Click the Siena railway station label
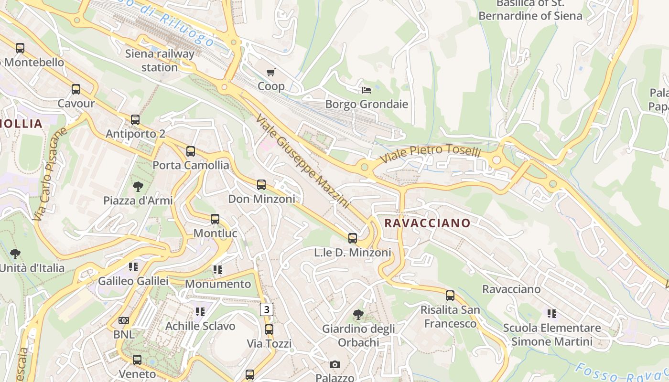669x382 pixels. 160,60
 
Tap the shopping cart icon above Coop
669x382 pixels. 271,73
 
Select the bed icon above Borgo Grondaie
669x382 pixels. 367,90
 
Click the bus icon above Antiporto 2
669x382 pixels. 135,120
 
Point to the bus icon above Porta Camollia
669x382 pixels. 191,151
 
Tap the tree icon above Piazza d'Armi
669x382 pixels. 138,186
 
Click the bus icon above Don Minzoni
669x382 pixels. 261,185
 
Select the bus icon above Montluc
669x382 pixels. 215,219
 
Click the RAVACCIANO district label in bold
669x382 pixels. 427,223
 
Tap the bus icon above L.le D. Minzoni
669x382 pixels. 353,238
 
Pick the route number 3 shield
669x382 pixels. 267,309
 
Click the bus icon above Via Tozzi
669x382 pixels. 269,329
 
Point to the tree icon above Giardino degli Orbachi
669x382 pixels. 358,315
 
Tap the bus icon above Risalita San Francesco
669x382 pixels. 450,296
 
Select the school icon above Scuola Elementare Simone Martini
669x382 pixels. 552,314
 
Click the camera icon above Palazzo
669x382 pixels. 335,365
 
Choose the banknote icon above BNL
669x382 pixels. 124,320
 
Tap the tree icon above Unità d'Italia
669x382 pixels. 15,254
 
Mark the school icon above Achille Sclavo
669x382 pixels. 200,312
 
